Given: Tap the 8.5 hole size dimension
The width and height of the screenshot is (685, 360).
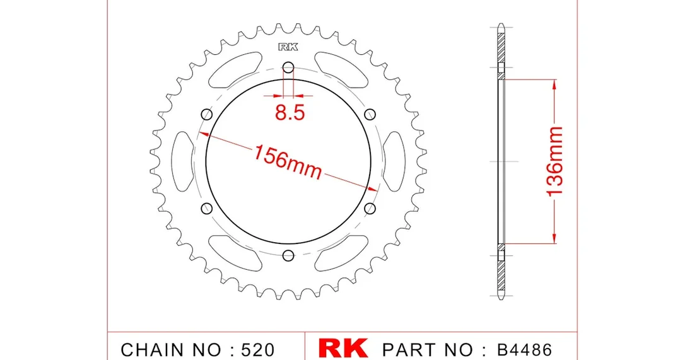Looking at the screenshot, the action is click(290, 113).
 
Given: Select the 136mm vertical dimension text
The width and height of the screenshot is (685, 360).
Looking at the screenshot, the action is click(555, 161).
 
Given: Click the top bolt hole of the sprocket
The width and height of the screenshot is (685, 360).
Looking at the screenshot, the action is click(288, 67).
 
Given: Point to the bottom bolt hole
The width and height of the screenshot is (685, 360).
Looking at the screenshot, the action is click(288, 255).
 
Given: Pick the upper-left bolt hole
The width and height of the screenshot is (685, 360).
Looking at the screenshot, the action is click(207, 115).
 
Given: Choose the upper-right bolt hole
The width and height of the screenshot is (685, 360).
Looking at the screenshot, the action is click(370, 115).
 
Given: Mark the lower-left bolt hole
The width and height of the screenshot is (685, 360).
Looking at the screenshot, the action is click(207, 208).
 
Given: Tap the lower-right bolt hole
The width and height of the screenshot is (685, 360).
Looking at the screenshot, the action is click(370, 208).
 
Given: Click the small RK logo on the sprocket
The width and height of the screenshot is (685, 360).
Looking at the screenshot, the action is click(288, 47).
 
